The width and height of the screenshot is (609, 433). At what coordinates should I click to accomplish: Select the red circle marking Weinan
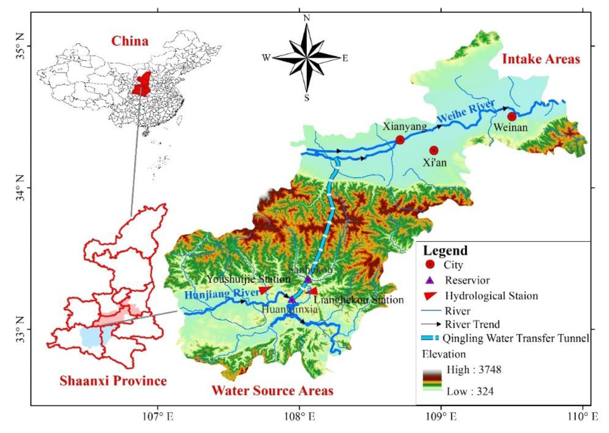coord(512,117)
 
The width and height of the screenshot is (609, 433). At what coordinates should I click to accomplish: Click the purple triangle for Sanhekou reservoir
coord(308,279)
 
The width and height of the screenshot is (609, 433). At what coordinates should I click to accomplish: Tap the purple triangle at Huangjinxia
coord(292,300)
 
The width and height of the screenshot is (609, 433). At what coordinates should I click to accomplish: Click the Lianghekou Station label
coord(358,300)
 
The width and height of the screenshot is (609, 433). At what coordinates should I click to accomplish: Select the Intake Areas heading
coord(541,59)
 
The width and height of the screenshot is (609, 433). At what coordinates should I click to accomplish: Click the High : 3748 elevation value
coord(474,370)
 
